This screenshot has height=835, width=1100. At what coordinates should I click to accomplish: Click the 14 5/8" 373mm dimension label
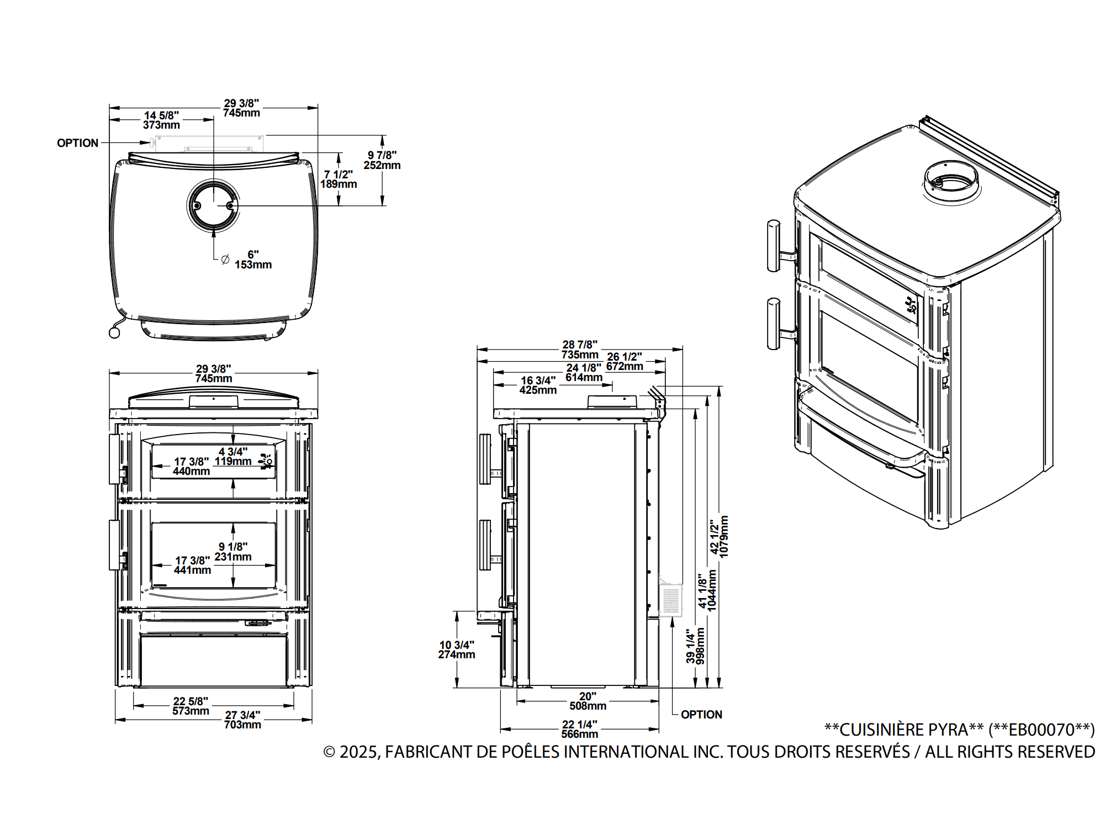[x=161, y=120]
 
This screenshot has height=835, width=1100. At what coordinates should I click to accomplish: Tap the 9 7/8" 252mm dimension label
[x=382, y=160]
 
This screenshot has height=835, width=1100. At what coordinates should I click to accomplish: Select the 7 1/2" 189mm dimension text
[x=339, y=179]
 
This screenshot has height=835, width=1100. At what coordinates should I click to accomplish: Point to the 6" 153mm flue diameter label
[x=253, y=260]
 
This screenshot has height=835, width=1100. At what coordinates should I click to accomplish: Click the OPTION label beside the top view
[x=77, y=143]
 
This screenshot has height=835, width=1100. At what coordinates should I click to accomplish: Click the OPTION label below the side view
[x=701, y=715]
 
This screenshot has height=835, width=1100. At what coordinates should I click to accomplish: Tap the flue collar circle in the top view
[x=213, y=205]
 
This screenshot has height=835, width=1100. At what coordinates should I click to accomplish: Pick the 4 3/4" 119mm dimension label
[x=233, y=457]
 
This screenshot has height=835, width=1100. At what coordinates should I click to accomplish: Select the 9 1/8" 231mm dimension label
[x=233, y=552]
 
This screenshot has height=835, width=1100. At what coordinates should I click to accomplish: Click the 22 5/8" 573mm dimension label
[x=191, y=706]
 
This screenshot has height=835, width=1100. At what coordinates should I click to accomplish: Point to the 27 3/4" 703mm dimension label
[x=242, y=720]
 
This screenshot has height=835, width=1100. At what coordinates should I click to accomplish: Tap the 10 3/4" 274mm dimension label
[x=457, y=650]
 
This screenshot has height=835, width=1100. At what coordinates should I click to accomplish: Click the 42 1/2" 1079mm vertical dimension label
[x=720, y=537]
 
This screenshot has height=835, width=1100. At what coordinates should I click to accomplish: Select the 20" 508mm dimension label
[x=588, y=701]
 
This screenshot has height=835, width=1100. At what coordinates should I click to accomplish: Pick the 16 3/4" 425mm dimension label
[x=538, y=385]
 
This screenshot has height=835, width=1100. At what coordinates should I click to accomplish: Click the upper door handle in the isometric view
[x=774, y=246]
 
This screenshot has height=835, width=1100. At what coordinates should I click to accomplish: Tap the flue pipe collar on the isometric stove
[x=951, y=182]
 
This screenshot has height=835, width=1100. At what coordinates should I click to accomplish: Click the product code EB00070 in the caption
[x=1040, y=730]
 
